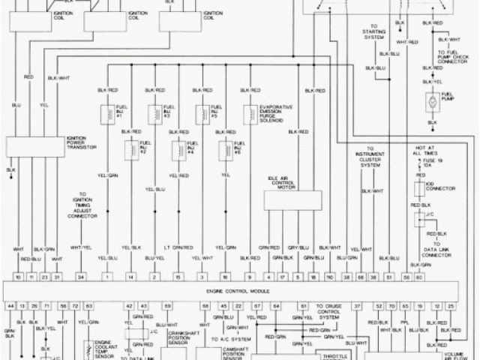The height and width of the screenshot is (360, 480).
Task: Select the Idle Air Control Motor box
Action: (x=292, y=200)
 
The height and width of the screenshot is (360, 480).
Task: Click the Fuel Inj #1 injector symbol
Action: (x=107, y=112)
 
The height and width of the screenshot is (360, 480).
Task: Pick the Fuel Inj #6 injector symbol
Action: (x=223, y=148)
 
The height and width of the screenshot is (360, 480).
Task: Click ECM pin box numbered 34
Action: (x=81, y=277)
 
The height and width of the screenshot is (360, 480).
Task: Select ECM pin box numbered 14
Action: (x=130, y=277)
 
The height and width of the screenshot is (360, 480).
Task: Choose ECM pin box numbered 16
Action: (x=224, y=277)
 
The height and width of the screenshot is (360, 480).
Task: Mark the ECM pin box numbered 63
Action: (x=88, y=306)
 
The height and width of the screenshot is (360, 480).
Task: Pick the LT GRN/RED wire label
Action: (x=177, y=247)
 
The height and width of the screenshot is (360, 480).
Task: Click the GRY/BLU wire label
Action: (x=298, y=247)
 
